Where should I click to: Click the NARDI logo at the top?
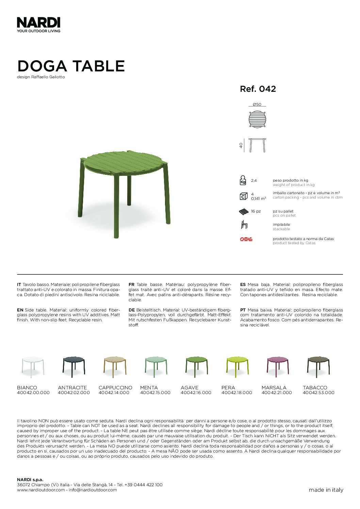[38, 23]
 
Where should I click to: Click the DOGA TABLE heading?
[71, 66]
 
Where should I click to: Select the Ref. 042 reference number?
[258, 89]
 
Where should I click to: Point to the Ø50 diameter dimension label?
[257, 104]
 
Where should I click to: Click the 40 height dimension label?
[241, 145]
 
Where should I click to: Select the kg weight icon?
[243, 180]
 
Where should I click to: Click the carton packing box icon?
[243, 197]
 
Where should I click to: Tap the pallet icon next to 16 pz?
[244, 212]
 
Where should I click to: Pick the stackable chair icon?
[244, 225]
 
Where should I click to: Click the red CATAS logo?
[246, 239]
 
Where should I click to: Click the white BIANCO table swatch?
[33, 366]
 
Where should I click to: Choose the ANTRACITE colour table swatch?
[73, 366]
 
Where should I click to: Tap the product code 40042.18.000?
[237, 393]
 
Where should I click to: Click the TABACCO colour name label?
[315, 388]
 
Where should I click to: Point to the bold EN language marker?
[20, 310]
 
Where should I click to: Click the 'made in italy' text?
[326, 490]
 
